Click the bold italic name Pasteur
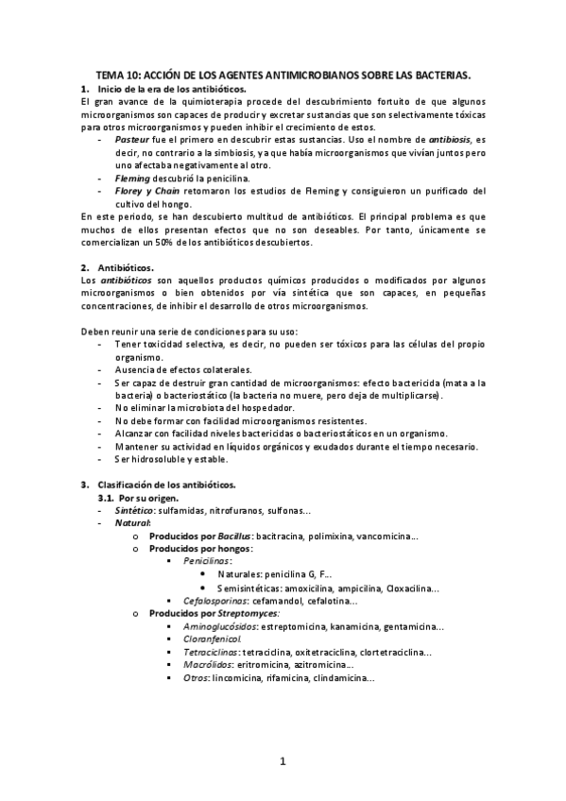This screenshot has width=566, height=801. [132, 138]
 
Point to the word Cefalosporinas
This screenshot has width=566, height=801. [214, 600]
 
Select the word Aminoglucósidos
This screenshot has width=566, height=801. [219, 626]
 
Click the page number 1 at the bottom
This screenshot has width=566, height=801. [283, 761]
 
